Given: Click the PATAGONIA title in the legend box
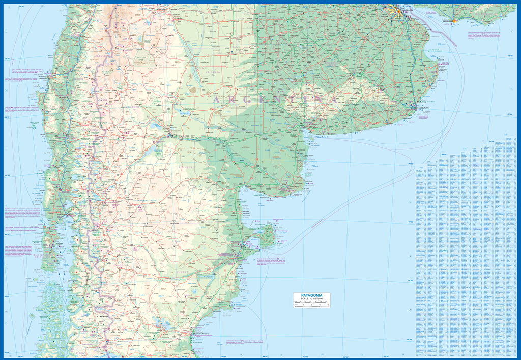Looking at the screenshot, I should click(311, 295).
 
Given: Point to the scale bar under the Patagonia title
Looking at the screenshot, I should click(311, 304).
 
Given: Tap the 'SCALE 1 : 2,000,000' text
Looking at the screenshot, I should click(311, 299).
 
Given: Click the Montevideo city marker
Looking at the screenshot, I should click(455, 21).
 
